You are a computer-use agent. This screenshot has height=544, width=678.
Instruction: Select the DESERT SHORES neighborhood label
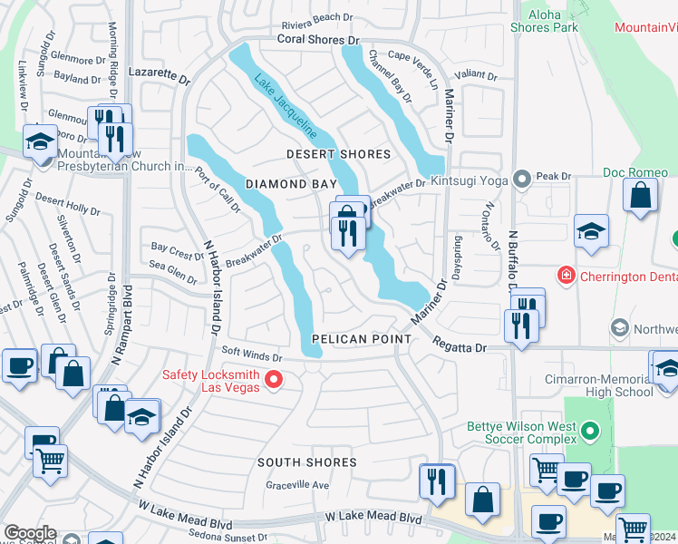338,154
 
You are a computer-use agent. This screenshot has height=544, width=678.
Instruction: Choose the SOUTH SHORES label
306,462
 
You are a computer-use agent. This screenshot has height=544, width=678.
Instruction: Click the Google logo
30,533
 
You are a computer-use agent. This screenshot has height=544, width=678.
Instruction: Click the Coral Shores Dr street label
318,40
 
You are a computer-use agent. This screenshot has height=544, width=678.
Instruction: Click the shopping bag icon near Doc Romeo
640,196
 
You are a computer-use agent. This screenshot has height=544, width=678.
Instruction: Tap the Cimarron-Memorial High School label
614,385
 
